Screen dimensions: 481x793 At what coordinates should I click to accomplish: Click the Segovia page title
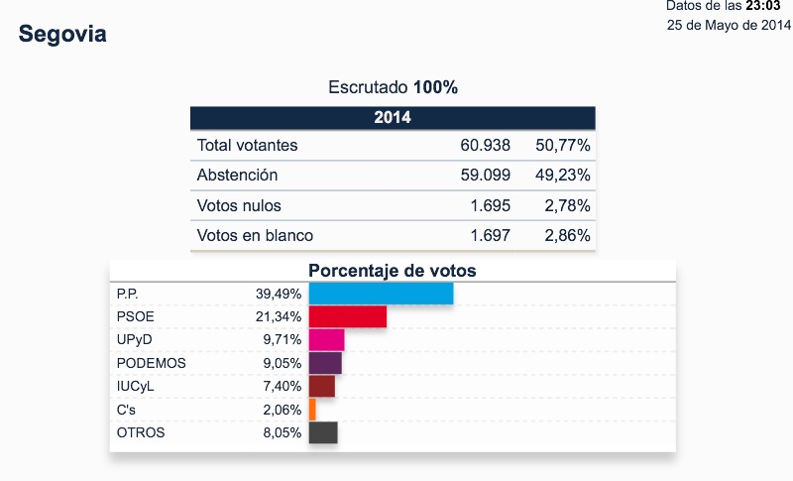click(x=62, y=35)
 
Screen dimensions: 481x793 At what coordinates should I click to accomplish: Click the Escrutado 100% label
click(x=393, y=87)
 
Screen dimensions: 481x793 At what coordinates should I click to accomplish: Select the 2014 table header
click(x=393, y=118)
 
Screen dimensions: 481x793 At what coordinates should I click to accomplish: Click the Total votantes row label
click(x=248, y=146)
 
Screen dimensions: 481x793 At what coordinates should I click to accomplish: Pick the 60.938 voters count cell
click(x=486, y=146)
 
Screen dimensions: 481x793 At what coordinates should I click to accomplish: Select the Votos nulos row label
click(x=239, y=206)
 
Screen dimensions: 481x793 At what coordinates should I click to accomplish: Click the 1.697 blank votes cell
click(x=486, y=236)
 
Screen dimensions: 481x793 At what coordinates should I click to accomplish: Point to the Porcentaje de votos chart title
click(x=393, y=270)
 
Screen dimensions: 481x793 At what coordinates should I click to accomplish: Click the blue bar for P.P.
click(x=381, y=294)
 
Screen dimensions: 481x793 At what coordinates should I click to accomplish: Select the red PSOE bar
click(x=347, y=316)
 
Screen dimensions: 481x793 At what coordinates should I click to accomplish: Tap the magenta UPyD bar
click(x=326, y=340)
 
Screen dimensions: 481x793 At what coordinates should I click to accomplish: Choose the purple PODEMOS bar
click(x=325, y=363)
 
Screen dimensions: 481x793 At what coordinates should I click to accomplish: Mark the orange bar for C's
click(x=312, y=410)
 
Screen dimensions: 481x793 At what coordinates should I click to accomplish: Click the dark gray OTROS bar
click(x=323, y=432)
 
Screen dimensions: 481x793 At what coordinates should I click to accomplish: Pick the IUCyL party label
click(x=137, y=387)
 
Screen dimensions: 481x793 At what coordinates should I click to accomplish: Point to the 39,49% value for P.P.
click(x=279, y=294)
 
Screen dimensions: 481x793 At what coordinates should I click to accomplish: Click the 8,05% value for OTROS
click(x=282, y=433)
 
